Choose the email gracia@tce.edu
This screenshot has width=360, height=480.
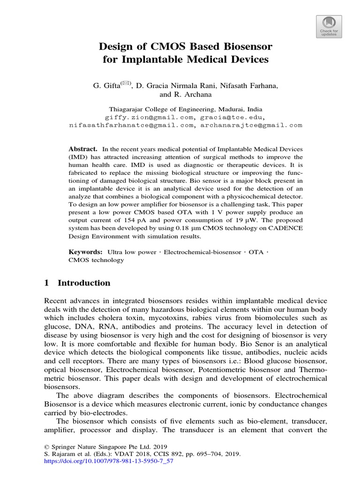232,116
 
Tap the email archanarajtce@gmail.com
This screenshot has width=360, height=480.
251,126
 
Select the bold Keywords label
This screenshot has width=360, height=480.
85,252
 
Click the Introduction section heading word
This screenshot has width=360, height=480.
84,283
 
